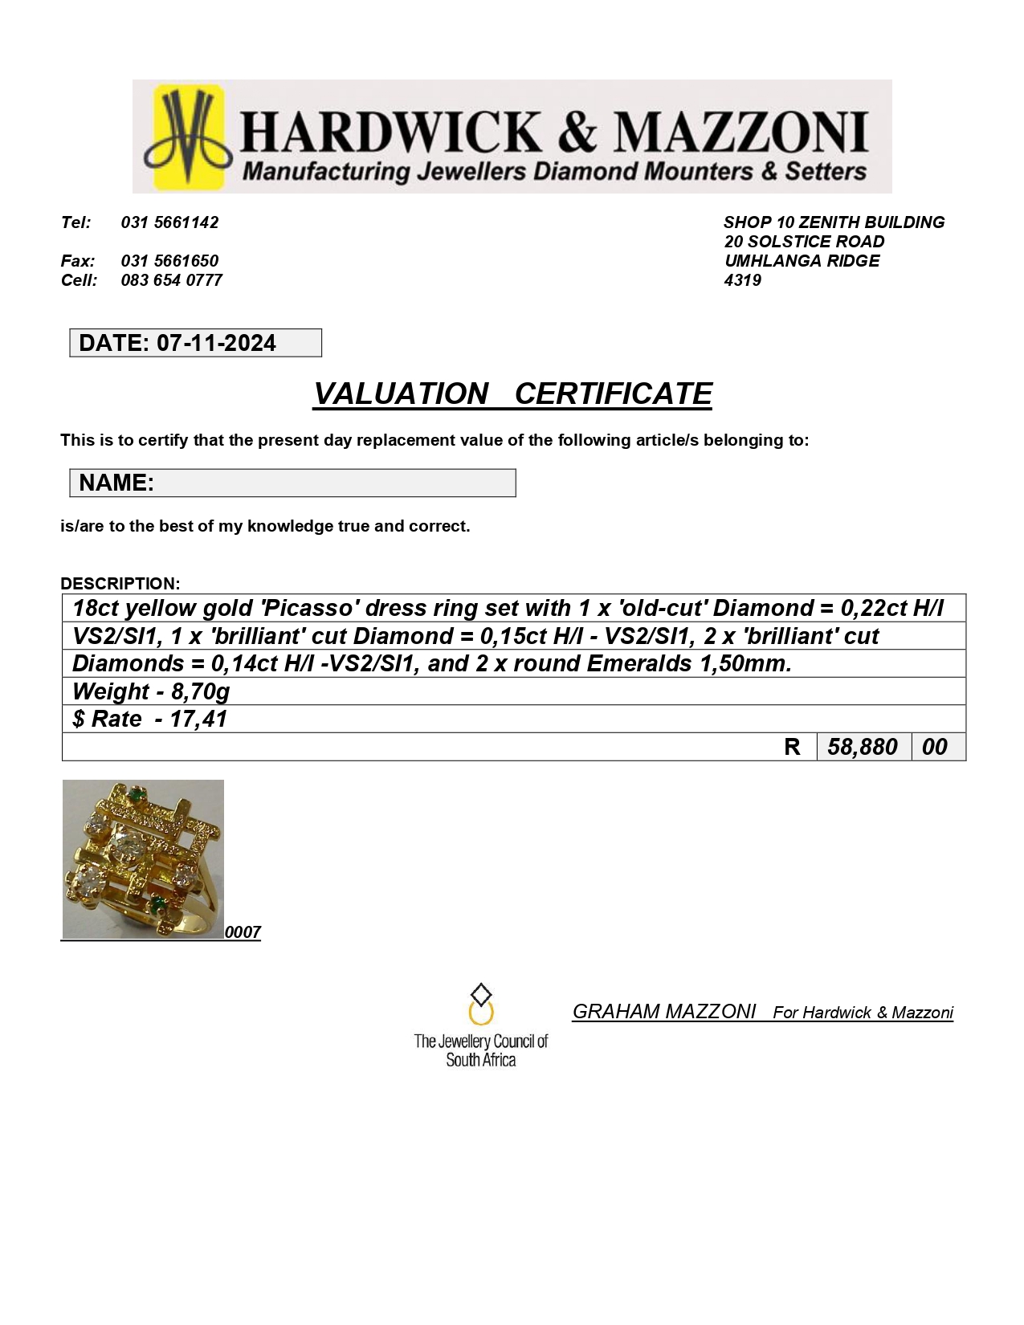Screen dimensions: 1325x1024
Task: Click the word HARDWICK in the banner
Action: (391, 132)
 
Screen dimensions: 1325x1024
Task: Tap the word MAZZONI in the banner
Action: (740, 132)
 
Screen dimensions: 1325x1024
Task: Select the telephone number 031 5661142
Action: (169, 222)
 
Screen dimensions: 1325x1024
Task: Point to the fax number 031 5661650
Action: (169, 261)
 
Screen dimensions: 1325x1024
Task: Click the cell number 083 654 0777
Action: (171, 280)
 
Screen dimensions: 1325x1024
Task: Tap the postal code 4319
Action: (742, 280)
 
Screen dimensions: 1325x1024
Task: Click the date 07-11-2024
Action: (216, 344)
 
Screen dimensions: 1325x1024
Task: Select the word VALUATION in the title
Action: (401, 394)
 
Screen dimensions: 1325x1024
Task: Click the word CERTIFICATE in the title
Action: (613, 394)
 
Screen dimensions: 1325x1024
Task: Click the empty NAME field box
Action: (333, 483)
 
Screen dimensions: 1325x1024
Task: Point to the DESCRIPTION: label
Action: (120, 584)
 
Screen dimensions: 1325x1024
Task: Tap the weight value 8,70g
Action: (200, 691)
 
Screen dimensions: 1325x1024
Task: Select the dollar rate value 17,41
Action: (198, 720)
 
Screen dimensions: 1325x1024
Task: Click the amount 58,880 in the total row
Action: (863, 747)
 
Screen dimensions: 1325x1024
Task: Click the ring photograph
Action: (143, 859)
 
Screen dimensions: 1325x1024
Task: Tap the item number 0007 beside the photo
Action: (243, 932)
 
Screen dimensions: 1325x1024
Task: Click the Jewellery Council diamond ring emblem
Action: (480, 1005)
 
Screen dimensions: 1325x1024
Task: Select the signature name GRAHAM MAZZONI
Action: (664, 1012)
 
